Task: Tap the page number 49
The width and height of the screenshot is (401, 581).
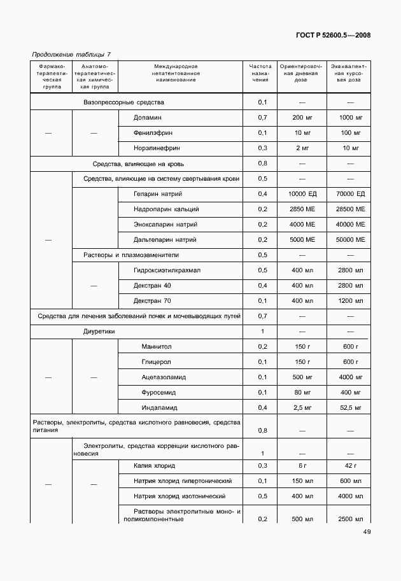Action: click(367, 532)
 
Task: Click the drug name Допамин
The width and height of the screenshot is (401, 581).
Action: click(148, 118)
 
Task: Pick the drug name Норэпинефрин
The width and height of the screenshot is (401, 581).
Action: click(157, 148)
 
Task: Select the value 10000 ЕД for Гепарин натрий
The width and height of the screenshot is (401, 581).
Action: click(302, 193)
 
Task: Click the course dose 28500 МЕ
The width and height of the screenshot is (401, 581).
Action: click(351, 209)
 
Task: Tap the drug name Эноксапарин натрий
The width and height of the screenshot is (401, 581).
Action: click(165, 225)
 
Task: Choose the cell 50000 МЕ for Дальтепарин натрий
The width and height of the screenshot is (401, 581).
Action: click(351, 240)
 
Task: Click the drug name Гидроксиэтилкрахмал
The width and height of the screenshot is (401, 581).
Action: click(167, 270)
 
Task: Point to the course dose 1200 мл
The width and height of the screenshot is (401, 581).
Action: click(351, 300)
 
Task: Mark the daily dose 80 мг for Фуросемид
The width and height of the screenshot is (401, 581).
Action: click(302, 392)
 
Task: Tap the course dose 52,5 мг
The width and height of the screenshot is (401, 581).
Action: click(351, 407)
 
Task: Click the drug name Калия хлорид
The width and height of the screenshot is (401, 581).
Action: click(154, 466)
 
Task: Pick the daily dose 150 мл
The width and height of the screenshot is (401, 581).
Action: click(302, 480)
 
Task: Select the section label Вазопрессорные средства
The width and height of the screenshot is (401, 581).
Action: click(124, 102)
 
